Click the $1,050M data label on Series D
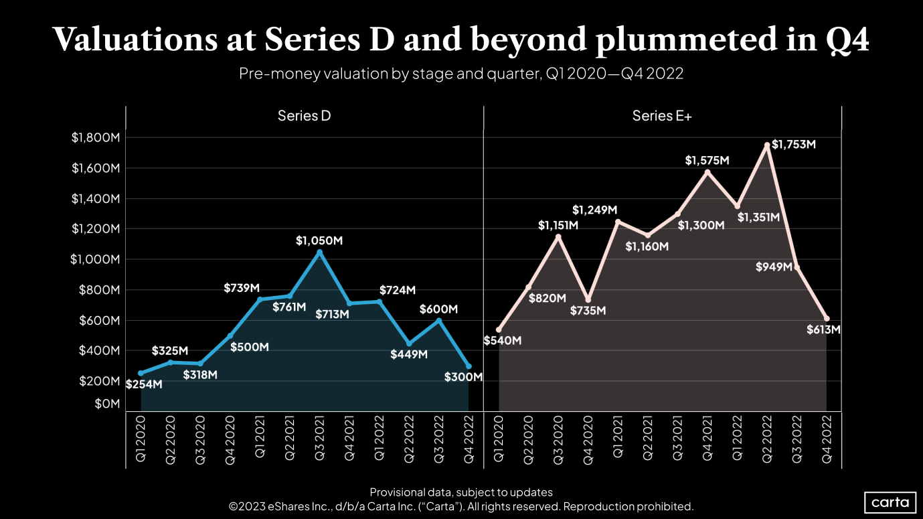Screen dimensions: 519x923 click(319, 240)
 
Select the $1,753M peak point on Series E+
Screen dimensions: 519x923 click(767, 145)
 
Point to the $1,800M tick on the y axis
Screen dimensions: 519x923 click(95, 138)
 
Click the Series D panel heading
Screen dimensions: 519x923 click(305, 116)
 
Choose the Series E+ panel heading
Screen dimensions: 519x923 click(662, 116)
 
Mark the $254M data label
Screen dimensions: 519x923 click(144, 384)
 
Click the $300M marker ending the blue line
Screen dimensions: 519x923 click(469, 366)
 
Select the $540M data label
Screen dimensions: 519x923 click(502, 340)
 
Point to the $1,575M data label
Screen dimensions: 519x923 click(707, 161)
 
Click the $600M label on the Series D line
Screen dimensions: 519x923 click(438, 309)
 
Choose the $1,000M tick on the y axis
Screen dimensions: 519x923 click(95, 259)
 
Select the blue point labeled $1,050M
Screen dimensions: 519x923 click(319, 252)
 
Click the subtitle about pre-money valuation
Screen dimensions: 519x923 click(461, 74)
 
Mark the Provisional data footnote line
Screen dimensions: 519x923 click(461, 492)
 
